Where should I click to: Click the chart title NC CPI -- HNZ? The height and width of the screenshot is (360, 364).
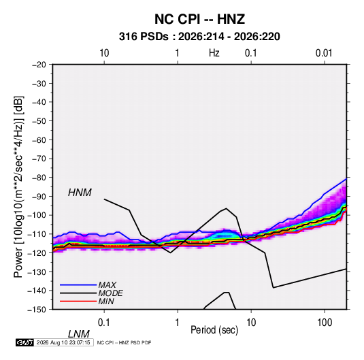[199, 19]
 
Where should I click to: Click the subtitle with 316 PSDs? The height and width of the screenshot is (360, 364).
[199, 37]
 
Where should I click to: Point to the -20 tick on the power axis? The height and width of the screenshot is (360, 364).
[39, 65]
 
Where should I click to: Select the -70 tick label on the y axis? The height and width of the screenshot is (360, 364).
[39, 159]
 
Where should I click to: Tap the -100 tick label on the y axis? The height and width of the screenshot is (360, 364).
[37, 215]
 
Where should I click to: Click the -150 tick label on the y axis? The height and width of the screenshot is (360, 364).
[37, 310]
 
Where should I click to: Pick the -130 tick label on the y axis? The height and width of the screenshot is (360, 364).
[37, 272]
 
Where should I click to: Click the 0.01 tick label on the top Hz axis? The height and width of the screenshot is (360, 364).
[324, 53]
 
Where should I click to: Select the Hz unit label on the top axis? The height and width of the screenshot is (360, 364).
[214, 53]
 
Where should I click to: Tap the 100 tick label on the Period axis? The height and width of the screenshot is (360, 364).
[325, 323]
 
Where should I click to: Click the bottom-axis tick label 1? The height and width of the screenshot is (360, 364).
[178, 323]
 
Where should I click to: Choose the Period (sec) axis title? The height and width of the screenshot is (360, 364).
[214, 330]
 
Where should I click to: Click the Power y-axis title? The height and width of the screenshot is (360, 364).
[18, 187]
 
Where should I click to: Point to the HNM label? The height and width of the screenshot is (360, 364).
[80, 193]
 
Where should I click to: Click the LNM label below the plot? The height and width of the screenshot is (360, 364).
[79, 334]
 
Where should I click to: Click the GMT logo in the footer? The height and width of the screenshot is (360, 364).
[24, 342]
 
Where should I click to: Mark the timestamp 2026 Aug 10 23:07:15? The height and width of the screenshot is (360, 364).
[63, 342]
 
